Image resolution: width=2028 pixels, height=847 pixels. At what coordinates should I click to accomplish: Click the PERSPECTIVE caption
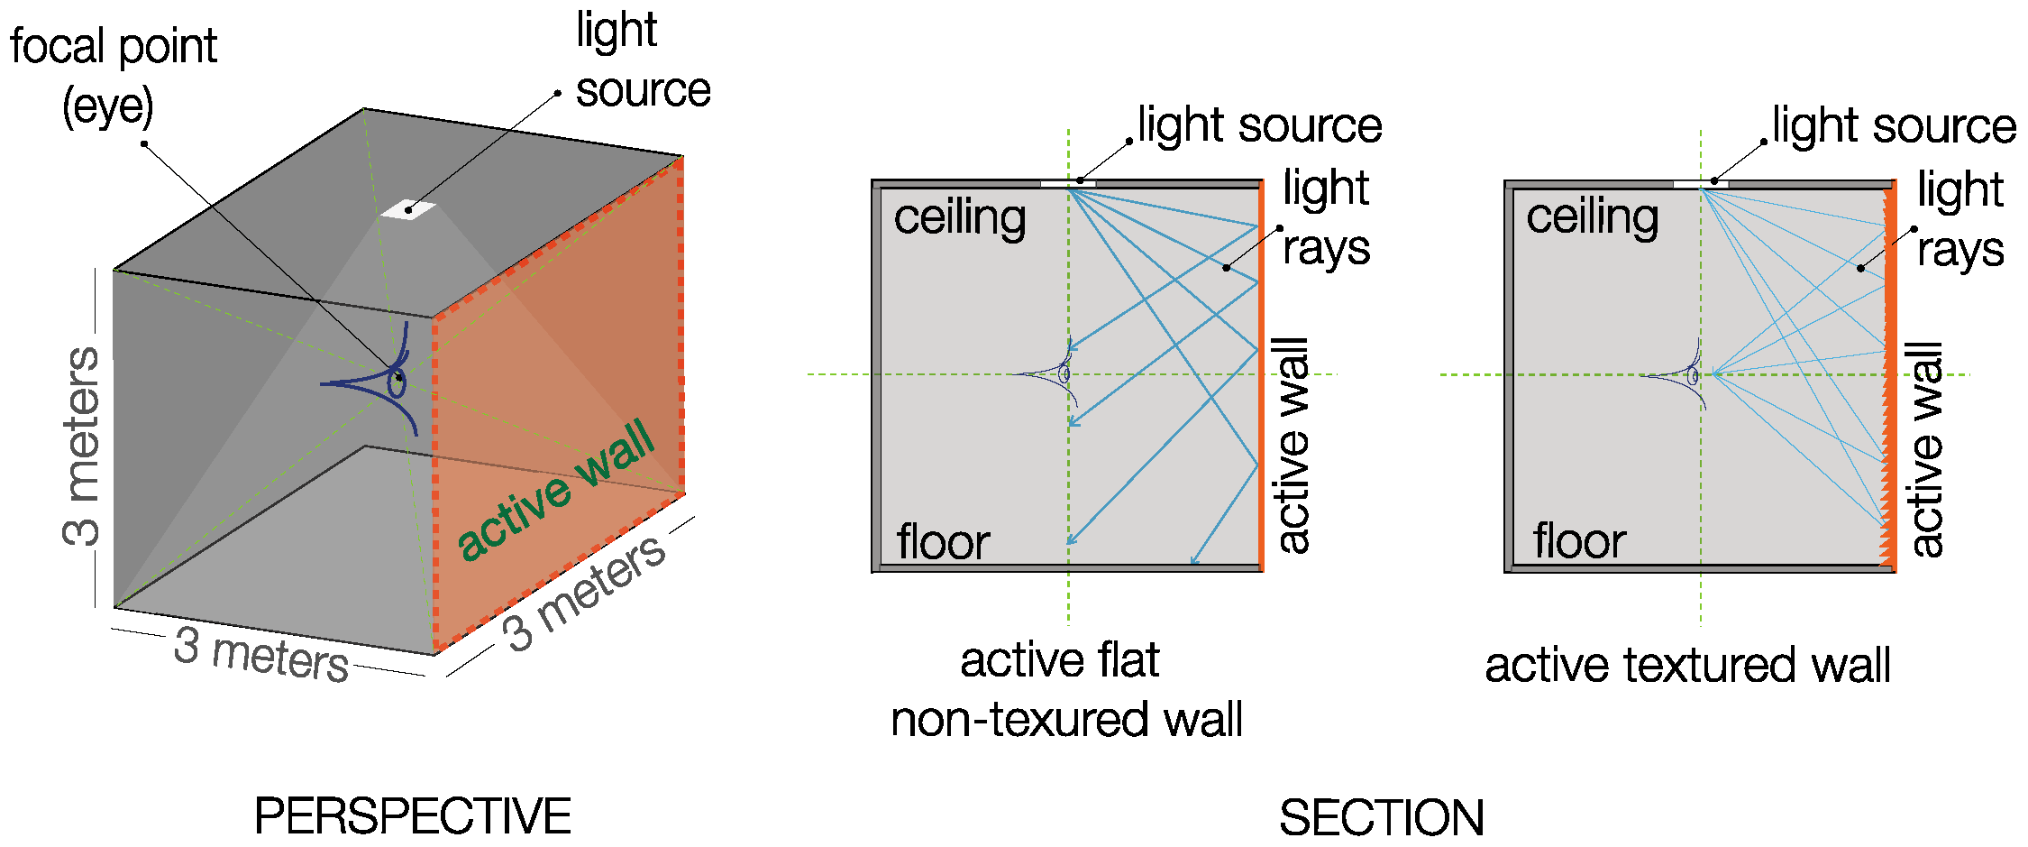click(413, 816)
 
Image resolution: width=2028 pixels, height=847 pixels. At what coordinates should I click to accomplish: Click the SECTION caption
click(1381, 818)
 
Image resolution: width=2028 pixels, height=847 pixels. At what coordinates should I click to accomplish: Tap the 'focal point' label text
click(114, 47)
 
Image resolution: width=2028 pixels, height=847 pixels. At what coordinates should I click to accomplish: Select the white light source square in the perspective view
click(408, 210)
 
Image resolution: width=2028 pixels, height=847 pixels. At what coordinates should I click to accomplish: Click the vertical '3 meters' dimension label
click(82, 446)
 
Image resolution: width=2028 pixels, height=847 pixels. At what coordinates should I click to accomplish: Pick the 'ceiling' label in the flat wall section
click(960, 218)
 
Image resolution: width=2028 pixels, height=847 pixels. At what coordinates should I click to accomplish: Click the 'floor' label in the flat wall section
click(943, 541)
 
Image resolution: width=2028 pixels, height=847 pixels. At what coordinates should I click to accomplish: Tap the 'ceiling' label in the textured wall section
click(1593, 217)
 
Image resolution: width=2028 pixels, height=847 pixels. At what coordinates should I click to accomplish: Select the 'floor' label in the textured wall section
click(1579, 541)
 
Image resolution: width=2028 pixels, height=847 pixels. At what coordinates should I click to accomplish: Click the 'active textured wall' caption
click(1687, 666)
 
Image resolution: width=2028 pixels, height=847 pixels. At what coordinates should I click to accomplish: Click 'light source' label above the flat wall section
click(1259, 125)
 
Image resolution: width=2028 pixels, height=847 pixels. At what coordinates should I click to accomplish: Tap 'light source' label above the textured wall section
click(1894, 125)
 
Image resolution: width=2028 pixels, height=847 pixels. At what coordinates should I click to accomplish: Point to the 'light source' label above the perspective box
click(643, 61)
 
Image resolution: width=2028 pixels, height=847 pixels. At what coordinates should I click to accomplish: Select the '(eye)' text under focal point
click(108, 107)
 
